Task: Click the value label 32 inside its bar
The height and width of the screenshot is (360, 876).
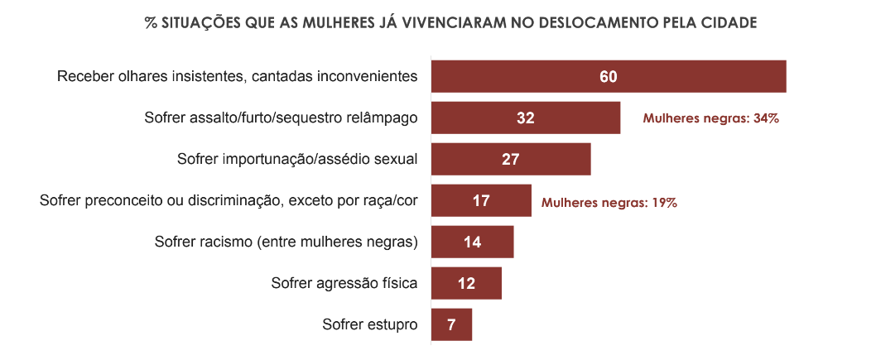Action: tap(526, 118)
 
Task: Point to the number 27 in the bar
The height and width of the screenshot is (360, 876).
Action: tap(511, 160)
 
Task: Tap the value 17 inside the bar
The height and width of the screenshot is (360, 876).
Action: tap(481, 201)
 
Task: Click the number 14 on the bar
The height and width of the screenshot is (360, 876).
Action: tap(473, 242)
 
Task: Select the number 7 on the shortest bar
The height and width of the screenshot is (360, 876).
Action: tap(451, 325)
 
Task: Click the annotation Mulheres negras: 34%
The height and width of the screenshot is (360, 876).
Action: tap(711, 118)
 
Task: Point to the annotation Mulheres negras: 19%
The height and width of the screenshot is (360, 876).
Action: tap(609, 202)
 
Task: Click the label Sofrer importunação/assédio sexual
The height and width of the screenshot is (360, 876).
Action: tap(297, 159)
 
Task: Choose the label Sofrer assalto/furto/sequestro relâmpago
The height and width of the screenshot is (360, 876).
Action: tap(281, 118)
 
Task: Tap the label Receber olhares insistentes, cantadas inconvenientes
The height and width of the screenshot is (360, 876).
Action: tap(237, 76)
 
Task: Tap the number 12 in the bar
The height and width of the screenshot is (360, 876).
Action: tap(466, 284)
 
